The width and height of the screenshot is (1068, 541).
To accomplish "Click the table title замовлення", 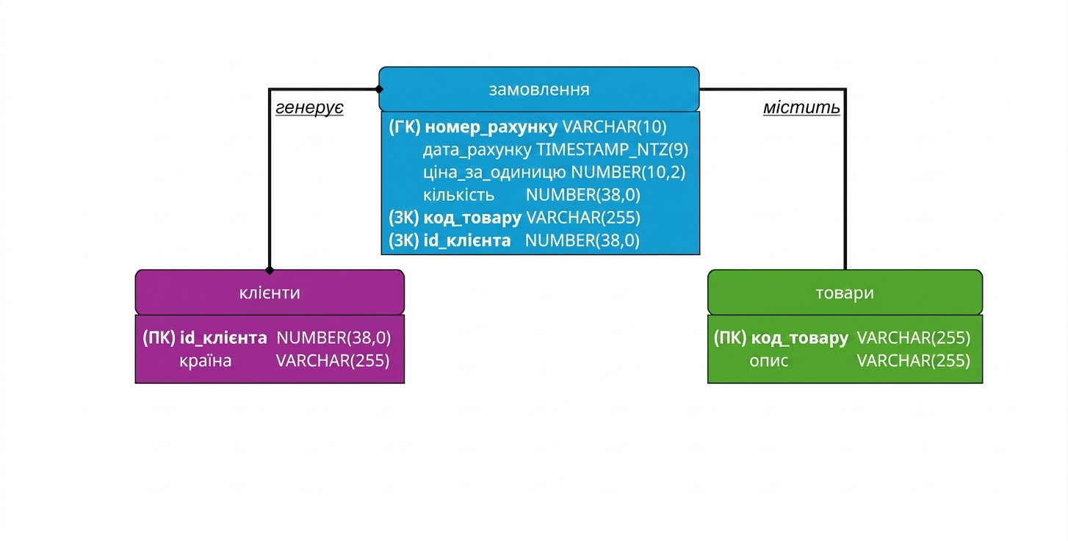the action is (x=538, y=90).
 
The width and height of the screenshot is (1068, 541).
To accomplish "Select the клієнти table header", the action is (x=270, y=292).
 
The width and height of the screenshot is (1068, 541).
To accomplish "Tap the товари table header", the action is (x=845, y=292).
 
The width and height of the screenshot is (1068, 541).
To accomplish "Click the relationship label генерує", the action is (x=309, y=108).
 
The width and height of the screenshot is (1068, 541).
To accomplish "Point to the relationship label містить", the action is (x=801, y=108).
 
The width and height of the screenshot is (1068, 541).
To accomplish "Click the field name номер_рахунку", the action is (x=491, y=127).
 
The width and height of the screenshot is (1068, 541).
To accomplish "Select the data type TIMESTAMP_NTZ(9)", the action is (x=612, y=150).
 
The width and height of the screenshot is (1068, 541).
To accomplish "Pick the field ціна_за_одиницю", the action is (x=494, y=172).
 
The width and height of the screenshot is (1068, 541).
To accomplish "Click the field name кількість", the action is (x=458, y=195).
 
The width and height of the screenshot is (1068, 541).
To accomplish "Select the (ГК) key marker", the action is (x=404, y=127).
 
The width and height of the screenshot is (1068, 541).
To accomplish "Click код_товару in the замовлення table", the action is (x=472, y=218).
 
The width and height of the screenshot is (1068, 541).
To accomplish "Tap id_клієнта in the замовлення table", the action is (x=466, y=240).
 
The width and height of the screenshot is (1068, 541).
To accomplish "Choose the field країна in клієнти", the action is (x=206, y=361).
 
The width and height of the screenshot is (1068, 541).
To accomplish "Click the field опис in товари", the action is (x=768, y=361).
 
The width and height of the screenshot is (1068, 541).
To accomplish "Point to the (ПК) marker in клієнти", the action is (x=159, y=338).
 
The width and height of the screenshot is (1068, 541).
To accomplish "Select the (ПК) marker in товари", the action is (x=730, y=338).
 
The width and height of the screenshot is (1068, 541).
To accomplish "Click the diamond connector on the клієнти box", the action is (x=270, y=270).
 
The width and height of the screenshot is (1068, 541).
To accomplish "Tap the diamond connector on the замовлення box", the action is (x=379, y=89).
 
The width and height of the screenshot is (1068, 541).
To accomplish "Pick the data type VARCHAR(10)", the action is (x=615, y=127).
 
